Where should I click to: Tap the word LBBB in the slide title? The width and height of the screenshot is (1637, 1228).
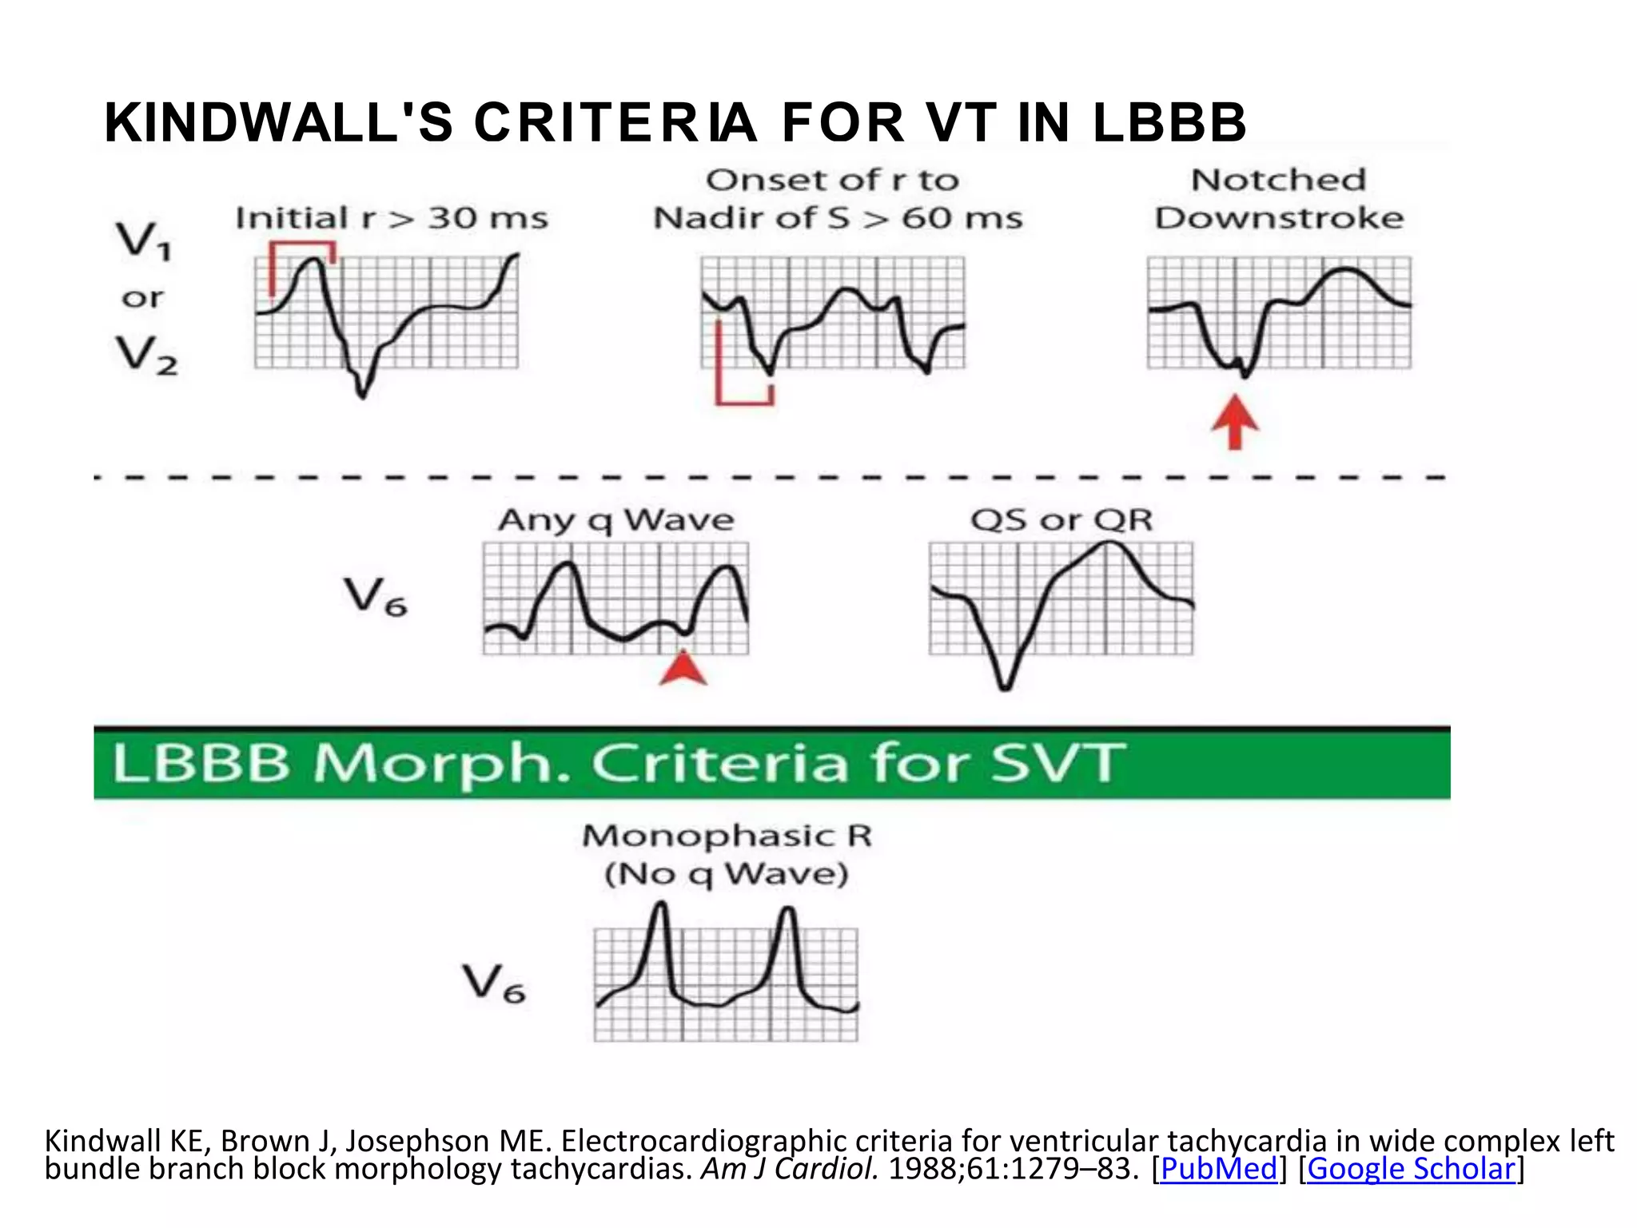tap(1169, 123)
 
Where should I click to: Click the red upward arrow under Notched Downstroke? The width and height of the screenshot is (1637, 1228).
tap(1235, 421)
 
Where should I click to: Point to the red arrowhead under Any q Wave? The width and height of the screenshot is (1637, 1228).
tap(683, 669)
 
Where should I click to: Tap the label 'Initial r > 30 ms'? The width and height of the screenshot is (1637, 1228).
tap(392, 218)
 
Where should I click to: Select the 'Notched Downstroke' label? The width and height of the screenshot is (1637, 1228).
tap(1279, 199)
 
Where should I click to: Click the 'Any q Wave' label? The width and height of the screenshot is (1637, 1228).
tap(615, 520)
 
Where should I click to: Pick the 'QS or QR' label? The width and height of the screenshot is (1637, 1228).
tap(1061, 520)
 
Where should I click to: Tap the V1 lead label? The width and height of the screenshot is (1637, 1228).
tap(144, 240)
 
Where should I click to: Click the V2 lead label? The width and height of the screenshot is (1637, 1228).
tap(147, 355)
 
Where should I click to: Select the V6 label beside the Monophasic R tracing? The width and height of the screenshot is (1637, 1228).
tap(494, 984)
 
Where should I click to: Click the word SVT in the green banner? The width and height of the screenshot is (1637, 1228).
tap(1057, 763)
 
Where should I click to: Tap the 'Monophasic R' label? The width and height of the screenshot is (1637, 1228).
tap(727, 836)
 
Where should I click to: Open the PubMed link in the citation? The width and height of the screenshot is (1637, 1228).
tap(1218, 1169)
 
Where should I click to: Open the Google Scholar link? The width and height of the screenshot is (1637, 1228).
tap(1411, 1169)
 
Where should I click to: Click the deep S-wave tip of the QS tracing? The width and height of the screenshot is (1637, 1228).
tap(1005, 686)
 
